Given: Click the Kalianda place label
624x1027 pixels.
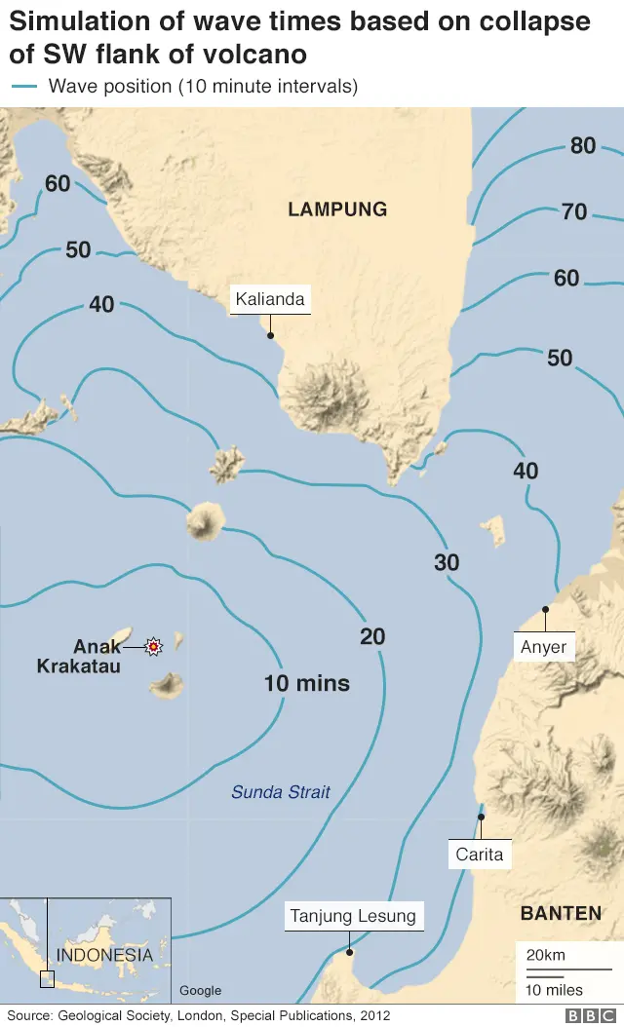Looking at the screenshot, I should [270, 299].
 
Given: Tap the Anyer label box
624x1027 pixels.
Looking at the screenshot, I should [543, 646].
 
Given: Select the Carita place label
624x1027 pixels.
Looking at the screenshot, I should [480, 855].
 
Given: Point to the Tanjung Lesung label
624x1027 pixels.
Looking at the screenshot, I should [353, 916].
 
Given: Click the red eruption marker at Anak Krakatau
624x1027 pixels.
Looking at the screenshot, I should [153, 645].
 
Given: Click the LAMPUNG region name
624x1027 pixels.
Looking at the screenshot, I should [337, 209].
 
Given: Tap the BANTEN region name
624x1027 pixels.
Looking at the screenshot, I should [561, 913].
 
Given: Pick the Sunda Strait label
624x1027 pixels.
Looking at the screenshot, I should [281, 792].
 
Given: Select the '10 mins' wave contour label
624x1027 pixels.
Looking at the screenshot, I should [306, 683].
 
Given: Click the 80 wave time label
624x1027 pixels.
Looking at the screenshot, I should [583, 146].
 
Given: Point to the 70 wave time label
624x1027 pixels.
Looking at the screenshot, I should [574, 211].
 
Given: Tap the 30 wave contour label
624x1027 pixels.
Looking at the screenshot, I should [447, 562].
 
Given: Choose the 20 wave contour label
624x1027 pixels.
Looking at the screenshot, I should [372, 637].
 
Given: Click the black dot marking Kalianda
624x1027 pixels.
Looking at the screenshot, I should [270, 335].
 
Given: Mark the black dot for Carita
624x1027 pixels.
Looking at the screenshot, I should [481, 817].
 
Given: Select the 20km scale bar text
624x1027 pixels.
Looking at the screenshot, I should [545, 955].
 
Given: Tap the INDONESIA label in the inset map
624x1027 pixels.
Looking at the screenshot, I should [104, 955].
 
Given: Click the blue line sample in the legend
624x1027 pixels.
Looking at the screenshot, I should [23, 86].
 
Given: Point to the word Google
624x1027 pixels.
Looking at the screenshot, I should [200, 991].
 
